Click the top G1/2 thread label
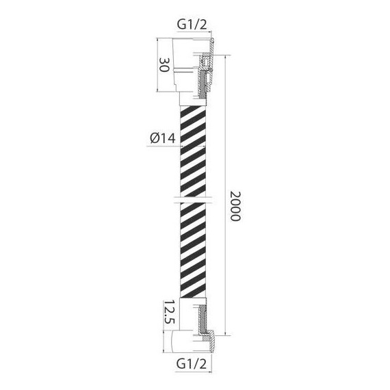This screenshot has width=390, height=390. click(x=192, y=25)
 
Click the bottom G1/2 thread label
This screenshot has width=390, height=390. click(x=192, y=364)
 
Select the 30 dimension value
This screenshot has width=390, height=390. click(x=164, y=65)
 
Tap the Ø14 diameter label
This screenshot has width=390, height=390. click(x=163, y=138)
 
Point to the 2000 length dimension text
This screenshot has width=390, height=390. click(x=235, y=206)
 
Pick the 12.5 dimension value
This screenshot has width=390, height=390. click(x=169, y=312)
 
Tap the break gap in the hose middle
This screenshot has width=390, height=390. click(x=193, y=200)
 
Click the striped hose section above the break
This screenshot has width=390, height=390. click(x=193, y=151)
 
